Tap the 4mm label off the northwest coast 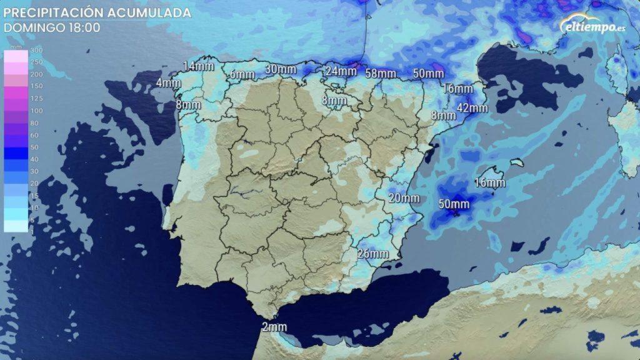click(167, 83)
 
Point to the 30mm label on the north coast click(280, 69)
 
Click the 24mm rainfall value click(341, 71)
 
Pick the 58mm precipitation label click(381, 73)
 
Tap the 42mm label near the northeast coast click(472, 108)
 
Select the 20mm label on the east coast click(403, 198)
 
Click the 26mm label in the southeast click(373, 254)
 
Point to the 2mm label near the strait click(274, 327)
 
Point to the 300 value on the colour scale click(37, 50)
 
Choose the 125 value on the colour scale click(37, 98)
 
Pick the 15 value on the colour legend click(35, 196)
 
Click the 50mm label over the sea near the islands click(454, 204)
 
